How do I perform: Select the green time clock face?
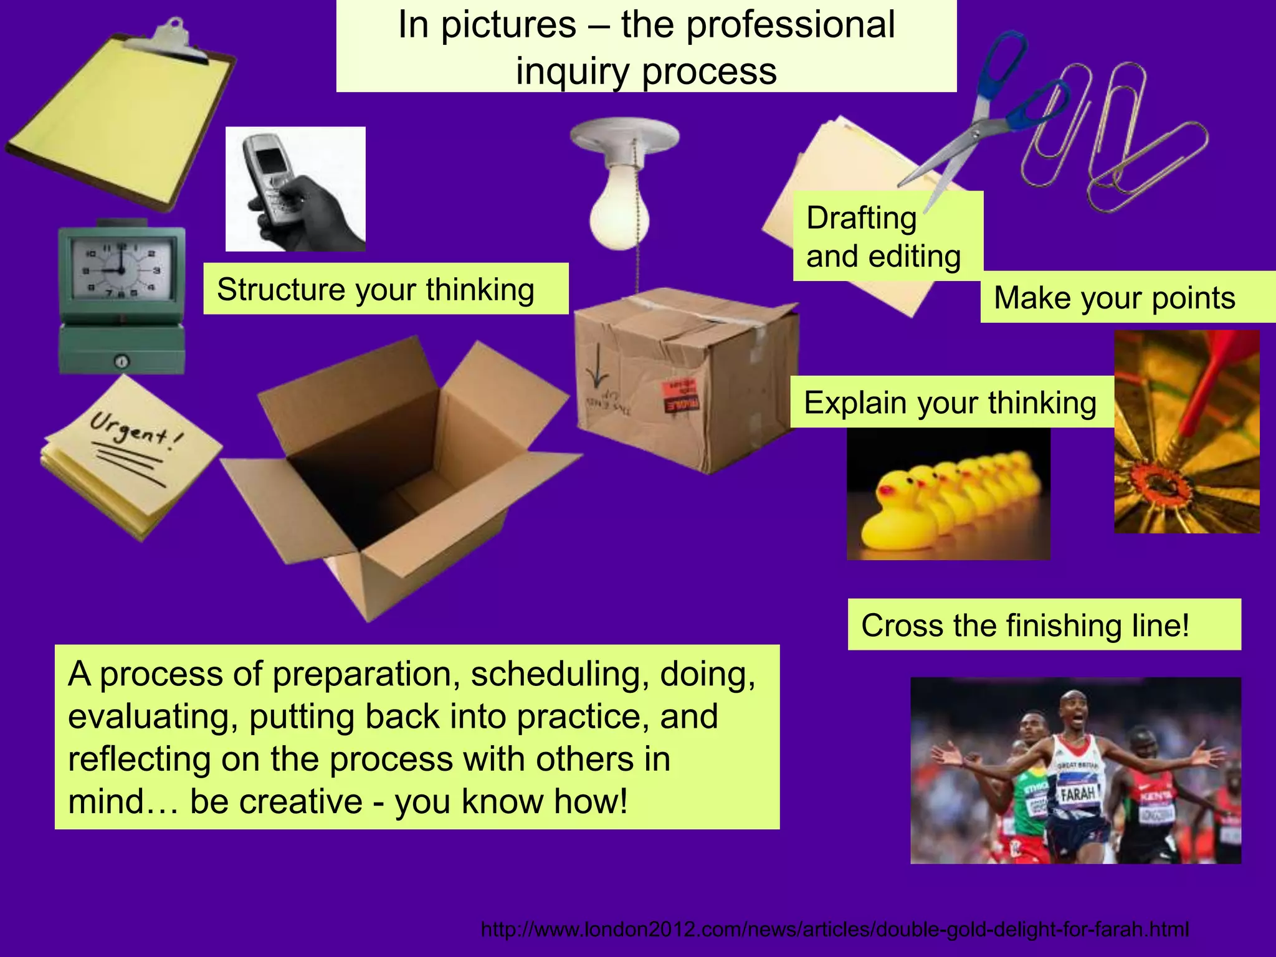point(122,272)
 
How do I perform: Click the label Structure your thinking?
point(376,290)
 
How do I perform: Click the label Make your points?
point(1115,298)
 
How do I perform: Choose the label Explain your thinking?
point(950,402)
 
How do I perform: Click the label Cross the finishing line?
point(1026,625)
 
